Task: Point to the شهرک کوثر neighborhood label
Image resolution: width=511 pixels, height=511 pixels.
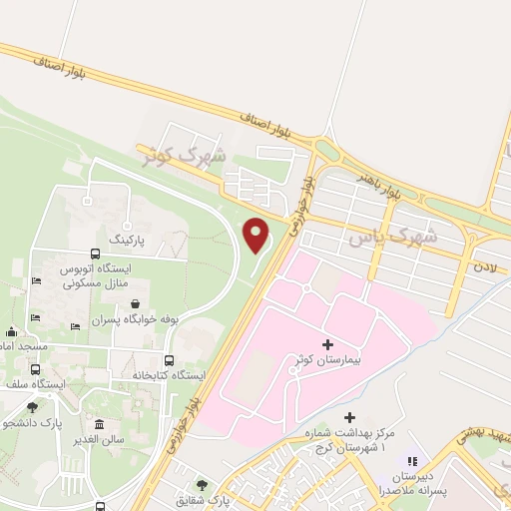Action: point(184,154)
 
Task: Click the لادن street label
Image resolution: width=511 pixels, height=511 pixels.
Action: point(485,267)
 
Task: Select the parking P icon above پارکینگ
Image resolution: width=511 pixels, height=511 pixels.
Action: point(127,227)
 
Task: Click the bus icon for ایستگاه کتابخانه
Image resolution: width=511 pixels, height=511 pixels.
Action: point(169,361)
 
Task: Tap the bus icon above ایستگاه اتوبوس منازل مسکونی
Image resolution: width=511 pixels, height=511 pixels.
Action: point(95,254)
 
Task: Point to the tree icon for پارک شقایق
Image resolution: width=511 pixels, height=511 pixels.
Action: point(203,483)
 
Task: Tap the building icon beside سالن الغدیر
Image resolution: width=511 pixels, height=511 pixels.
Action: point(98,424)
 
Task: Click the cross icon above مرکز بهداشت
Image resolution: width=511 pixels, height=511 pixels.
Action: point(348,417)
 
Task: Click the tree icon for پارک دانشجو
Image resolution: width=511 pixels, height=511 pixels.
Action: point(32,407)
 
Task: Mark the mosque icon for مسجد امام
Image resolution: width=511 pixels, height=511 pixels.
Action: point(11,331)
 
